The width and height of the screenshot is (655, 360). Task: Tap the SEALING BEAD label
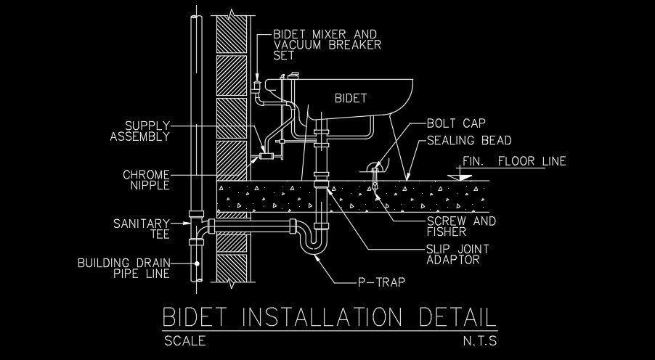tap(469, 141)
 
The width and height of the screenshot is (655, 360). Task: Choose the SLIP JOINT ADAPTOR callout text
tap(457, 254)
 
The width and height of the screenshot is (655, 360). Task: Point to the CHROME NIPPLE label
tap(146, 180)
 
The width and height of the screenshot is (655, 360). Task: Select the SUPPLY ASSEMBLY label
tap(139, 131)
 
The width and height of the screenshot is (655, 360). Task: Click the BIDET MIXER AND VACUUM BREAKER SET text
tap(327, 44)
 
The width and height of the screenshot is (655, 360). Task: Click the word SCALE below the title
tap(184, 340)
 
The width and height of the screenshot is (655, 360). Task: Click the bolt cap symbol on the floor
tap(375, 168)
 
